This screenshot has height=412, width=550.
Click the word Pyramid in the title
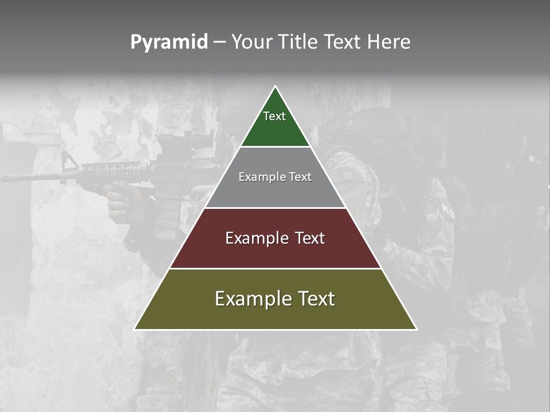pos(168,42)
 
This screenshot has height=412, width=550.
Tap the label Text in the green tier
pos(274,116)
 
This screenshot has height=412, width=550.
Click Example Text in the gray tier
pos(275,177)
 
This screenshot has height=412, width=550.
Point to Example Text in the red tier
pos(275,238)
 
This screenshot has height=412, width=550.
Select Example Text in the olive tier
pos(275,299)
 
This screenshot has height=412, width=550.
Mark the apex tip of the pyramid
pos(275,87)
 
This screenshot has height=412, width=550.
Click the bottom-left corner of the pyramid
pos(135,329)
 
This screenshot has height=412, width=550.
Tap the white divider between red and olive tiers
pos(275,268)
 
